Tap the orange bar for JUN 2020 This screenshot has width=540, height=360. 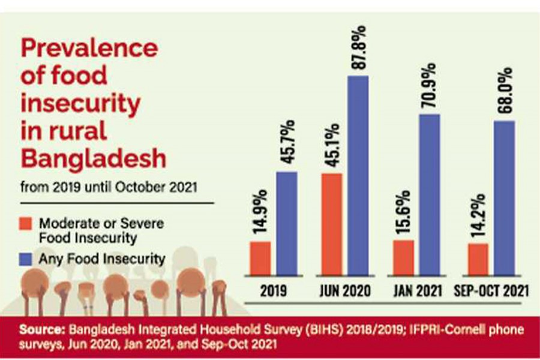point(332,225)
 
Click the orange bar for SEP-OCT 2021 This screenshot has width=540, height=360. point(478,260)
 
